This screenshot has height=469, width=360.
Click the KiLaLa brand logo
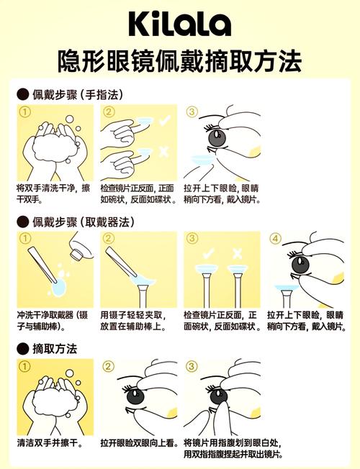point(180,24)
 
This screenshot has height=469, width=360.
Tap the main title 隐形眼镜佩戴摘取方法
point(180,61)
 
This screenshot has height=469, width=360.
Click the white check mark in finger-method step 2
point(165,120)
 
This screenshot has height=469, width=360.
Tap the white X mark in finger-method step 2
point(163,152)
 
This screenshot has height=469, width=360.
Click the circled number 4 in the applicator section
point(275,238)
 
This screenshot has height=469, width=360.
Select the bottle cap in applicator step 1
point(76,253)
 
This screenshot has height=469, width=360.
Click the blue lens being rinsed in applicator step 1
point(59,287)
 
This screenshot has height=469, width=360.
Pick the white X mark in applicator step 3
point(237,254)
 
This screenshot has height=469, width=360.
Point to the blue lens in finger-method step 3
point(203,160)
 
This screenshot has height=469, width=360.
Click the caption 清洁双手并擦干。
point(50,442)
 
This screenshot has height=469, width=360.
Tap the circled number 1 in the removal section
point(25,366)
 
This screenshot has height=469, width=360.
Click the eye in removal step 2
point(135,396)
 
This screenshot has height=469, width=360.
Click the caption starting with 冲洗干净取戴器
point(53,320)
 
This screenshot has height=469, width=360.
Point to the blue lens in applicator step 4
point(287,288)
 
